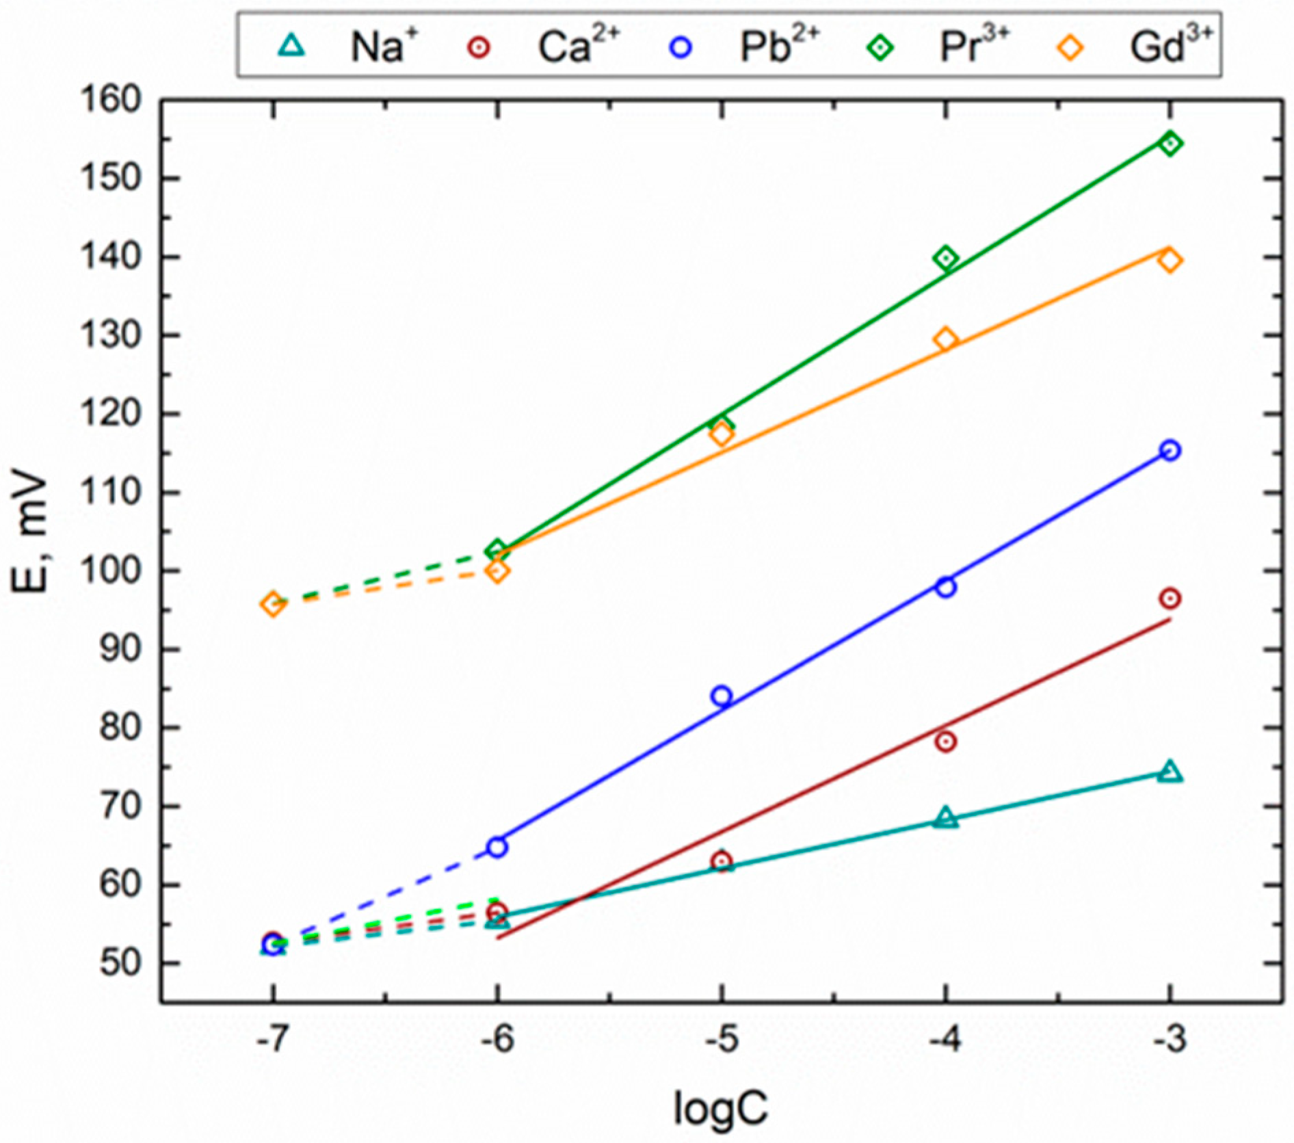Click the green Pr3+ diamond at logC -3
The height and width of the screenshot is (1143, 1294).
point(1170,144)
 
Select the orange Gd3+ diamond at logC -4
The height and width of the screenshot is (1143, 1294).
point(946,339)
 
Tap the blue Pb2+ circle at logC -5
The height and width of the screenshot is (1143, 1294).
point(722,696)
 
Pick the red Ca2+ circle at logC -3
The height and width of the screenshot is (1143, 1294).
point(1170,599)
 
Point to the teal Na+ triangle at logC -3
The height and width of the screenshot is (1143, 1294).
point(1170,772)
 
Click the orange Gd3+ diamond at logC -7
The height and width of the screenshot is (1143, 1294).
point(273,604)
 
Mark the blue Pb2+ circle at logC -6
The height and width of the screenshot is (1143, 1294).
point(497,847)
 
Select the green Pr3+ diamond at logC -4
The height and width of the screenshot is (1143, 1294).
point(946,259)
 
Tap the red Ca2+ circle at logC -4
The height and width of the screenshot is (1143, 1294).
point(946,741)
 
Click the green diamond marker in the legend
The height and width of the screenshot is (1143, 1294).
point(880,47)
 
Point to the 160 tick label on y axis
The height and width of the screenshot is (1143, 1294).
point(111,100)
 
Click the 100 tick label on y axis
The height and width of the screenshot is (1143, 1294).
point(111,570)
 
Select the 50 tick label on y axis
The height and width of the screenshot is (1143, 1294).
point(120,962)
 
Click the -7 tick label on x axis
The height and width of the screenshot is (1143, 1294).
point(272,1040)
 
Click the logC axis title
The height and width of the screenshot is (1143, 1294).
point(720,1108)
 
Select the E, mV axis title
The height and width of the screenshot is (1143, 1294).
point(31,534)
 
